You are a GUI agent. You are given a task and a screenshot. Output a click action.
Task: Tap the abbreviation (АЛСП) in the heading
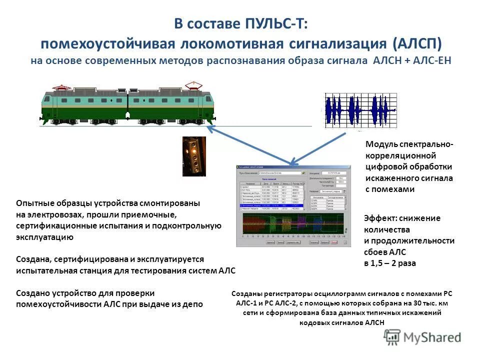(x=417, y=43)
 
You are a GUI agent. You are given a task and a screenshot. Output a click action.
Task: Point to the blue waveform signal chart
(x=359, y=109)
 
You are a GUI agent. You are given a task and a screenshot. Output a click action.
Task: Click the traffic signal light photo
(x=193, y=156)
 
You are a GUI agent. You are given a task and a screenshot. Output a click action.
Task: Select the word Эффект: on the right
(x=381, y=218)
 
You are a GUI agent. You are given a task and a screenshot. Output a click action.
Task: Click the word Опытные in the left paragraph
(x=33, y=203)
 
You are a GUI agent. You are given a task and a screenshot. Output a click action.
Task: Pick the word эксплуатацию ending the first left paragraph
(x=44, y=237)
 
